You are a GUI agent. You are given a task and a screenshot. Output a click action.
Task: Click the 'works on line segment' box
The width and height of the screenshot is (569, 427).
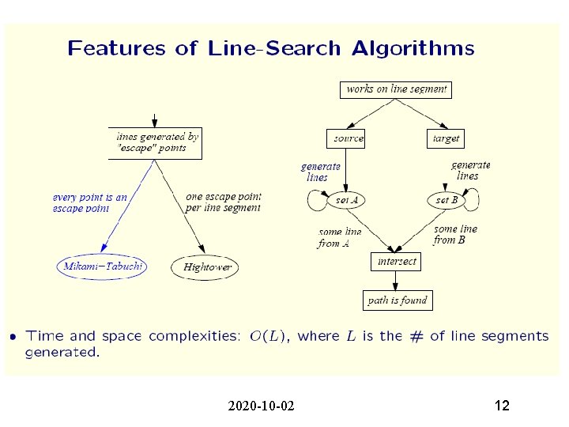(x=396, y=89)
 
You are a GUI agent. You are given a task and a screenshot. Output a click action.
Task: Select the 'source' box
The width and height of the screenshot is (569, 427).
(x=348, y=138)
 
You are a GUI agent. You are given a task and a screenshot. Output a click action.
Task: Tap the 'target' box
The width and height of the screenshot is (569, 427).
(x=446, y=138)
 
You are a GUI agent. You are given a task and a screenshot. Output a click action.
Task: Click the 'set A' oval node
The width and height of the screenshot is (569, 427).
(x=347, y=200)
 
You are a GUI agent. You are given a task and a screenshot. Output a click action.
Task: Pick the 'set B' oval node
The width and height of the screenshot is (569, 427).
(x=447, y=200)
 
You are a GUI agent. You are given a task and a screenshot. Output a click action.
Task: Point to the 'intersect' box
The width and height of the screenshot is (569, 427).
(x=396, y=261)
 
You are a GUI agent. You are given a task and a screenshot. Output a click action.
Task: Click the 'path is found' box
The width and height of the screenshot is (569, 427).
(x=397, y=300)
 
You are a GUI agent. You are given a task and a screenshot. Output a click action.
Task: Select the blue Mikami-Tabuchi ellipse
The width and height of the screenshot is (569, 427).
(x=102, y=266)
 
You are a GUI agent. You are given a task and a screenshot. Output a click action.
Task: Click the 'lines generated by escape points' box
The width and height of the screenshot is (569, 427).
(x=156, y=142)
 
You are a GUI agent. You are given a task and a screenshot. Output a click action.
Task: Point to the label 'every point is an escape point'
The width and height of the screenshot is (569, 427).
(x=89, y=203)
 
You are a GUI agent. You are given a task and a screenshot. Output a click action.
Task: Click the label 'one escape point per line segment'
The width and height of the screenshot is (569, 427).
(x=223, y=202)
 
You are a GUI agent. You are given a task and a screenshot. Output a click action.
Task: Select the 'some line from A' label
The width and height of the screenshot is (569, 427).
(x=340, y=238)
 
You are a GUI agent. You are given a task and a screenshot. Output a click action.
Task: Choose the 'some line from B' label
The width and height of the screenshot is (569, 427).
(x=456, y=234)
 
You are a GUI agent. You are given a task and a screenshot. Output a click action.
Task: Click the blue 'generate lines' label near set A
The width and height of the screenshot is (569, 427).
(x=320, y=172)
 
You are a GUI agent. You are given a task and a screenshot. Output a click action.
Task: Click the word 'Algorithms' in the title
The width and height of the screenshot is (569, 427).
(x=413, y=49)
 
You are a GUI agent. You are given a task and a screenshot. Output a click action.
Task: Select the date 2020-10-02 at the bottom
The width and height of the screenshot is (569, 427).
(x=261, y=406)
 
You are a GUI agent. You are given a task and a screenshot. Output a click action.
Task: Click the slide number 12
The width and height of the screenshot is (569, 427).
(x=501, y=406)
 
